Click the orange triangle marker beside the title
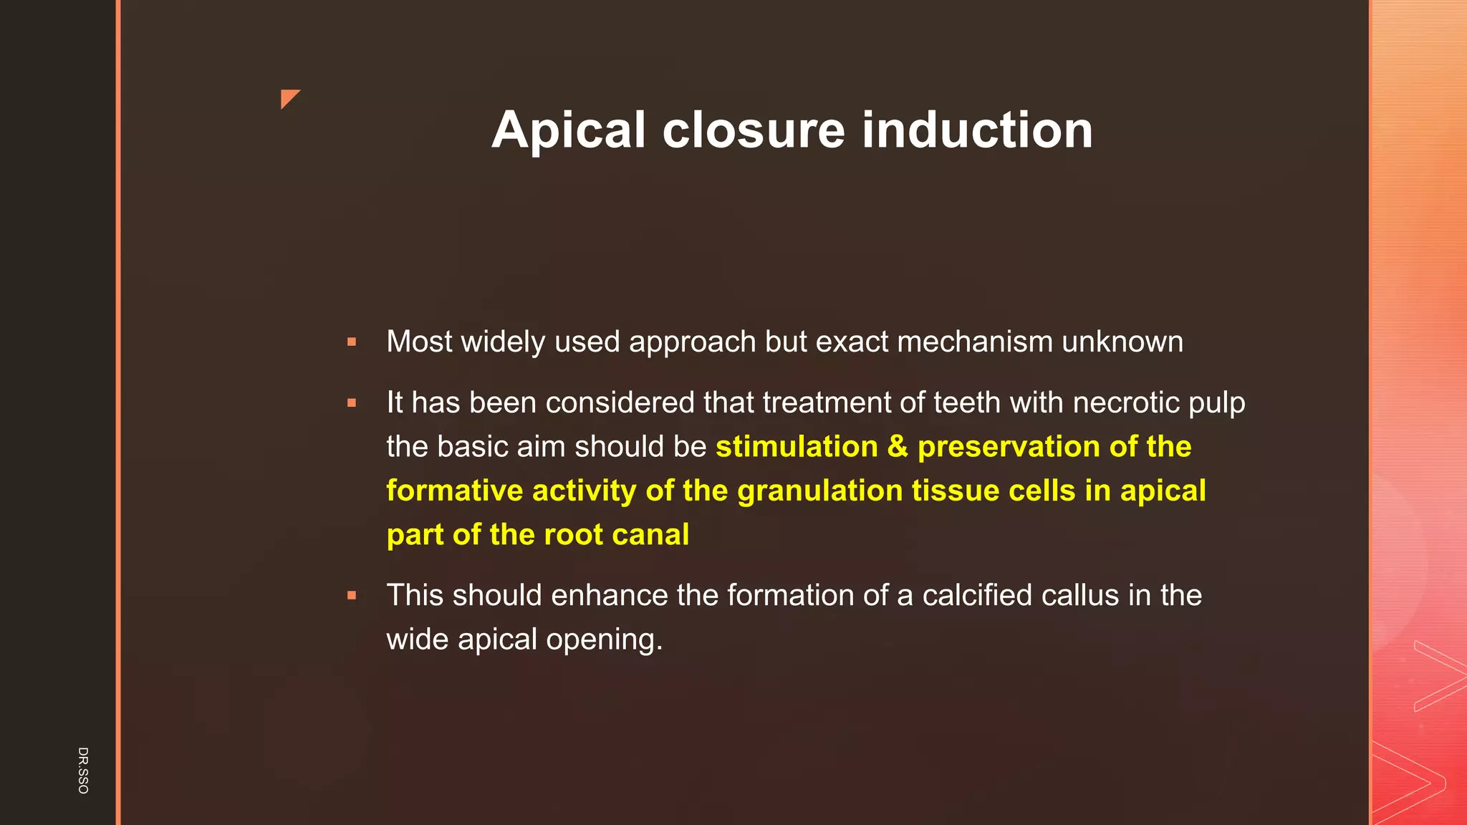point(288,97)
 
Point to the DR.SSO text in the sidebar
point(83,770)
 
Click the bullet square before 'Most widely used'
point(352,342)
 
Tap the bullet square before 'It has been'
point(352,403)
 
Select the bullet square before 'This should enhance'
point(352,595)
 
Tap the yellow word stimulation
point(797,447)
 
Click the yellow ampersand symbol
point(898,447)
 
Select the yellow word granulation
point(819,491)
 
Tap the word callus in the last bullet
point(1080,595)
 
